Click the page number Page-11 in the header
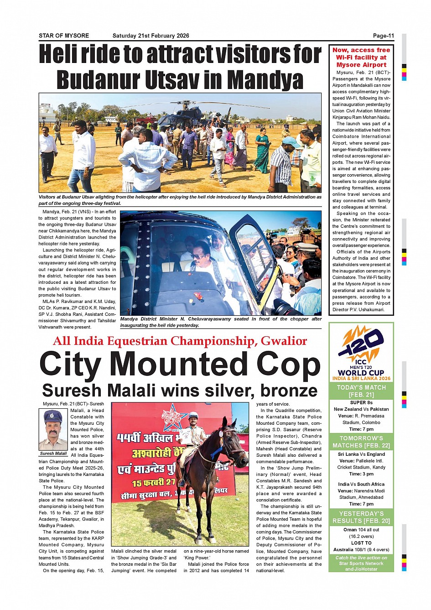point(383,36)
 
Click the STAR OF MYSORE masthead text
point(64,36)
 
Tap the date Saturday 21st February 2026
point(151,36)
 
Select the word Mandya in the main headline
point(265,80)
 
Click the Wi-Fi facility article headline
point(361,57)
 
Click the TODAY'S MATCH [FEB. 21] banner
point(361,391)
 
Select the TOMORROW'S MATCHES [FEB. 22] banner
point(361,442)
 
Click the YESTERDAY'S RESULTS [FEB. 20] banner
point(361,517)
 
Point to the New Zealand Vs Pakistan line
point(361,409)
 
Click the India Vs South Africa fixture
point(361,484)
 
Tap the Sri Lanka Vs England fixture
point(361,454)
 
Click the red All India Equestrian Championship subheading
point(180,341)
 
